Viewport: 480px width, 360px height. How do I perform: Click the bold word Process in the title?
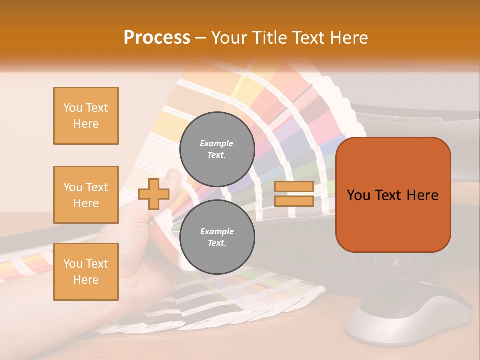pos(157,38)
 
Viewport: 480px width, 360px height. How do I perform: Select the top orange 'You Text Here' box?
pos(86,116)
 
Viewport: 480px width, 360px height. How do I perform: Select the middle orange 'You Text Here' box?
pos(86,195)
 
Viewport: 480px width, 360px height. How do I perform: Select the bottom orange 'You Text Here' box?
pos(86,272)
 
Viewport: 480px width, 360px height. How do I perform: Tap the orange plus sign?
pos(154,194)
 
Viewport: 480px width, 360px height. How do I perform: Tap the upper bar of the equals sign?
pos(294,187)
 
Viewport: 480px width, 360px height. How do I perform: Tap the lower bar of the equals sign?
pos(294,201)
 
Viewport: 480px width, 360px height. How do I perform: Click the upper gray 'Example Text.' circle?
pos(217,149)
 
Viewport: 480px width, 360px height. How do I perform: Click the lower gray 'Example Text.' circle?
pos(217,237)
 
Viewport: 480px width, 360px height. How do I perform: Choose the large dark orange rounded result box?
pos(393,195)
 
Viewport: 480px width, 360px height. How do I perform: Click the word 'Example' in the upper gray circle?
pos(217,143)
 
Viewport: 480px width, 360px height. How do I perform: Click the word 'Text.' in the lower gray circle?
pos(217,243)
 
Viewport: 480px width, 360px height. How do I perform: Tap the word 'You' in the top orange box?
pos(72,108)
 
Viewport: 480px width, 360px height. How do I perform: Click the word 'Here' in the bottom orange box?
pos(86,280)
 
